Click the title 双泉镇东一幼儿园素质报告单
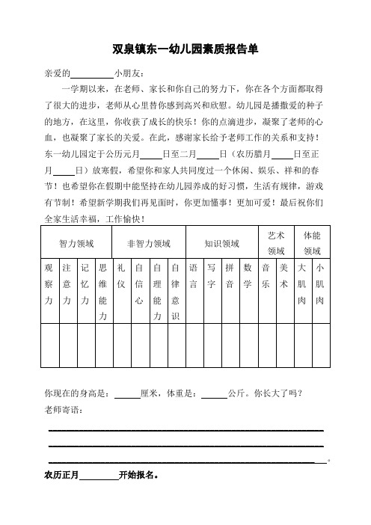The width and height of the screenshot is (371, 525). tap(185, 50)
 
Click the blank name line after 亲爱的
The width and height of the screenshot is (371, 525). tap(91, 75)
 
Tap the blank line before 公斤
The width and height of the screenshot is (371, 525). tap(215, 393)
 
